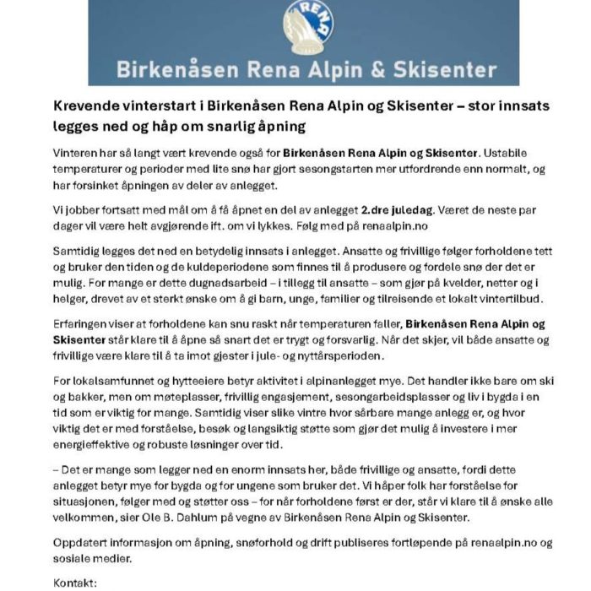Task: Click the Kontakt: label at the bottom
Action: pyautogui.click(x=75, y=583)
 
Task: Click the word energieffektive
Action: pyautogui.click(x=98, y=445)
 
